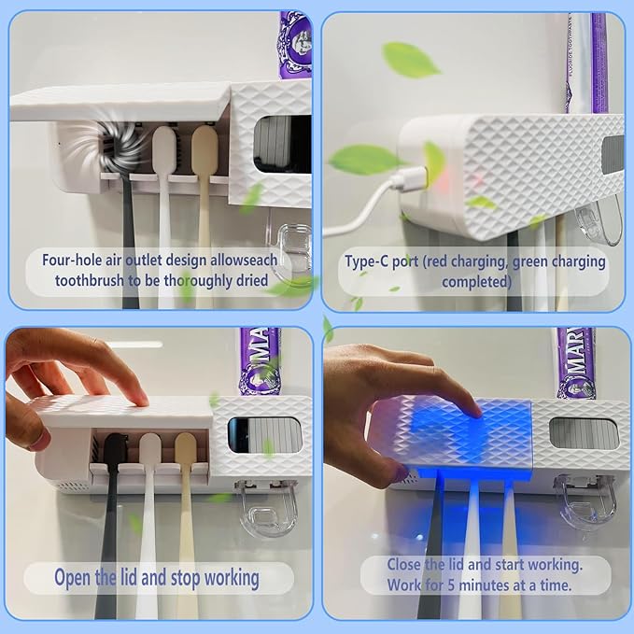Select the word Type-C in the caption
[x=367, y=261]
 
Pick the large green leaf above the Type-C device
[x=410, y=60]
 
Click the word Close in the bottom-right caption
[x=408, y=565]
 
